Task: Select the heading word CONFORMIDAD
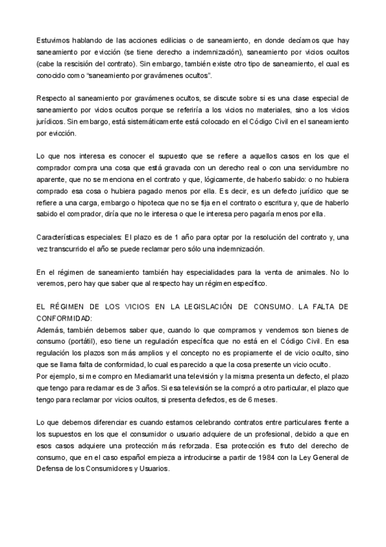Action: pos(64,318)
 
